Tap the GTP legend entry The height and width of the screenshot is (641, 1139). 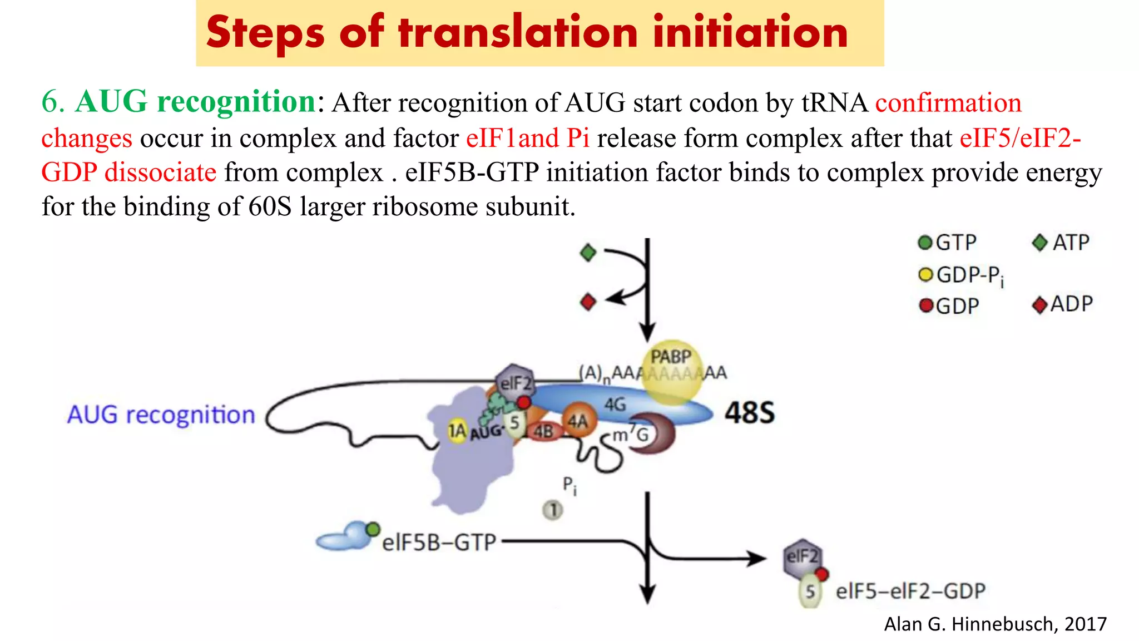click(948, 243)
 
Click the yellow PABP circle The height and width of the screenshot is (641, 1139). click(671, 370)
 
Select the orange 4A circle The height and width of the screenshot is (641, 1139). click(578, 421)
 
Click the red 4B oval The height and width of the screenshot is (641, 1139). click(543, 431)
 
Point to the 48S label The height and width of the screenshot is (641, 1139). click(749, 413)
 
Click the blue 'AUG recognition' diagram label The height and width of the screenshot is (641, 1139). click(161, 415)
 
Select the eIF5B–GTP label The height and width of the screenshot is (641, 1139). click(438, 542)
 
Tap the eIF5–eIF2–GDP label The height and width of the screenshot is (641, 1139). click(910, 591)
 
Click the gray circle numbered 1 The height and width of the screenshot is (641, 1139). click(553, 510)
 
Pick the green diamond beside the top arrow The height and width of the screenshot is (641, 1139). click(588, 253)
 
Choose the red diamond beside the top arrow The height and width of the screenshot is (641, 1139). click(588, 303)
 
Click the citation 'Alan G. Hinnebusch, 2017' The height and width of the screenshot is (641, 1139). click(995, 624)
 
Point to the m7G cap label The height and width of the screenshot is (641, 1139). click(630, 434)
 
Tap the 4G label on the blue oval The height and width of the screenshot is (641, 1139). click(615, 405)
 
